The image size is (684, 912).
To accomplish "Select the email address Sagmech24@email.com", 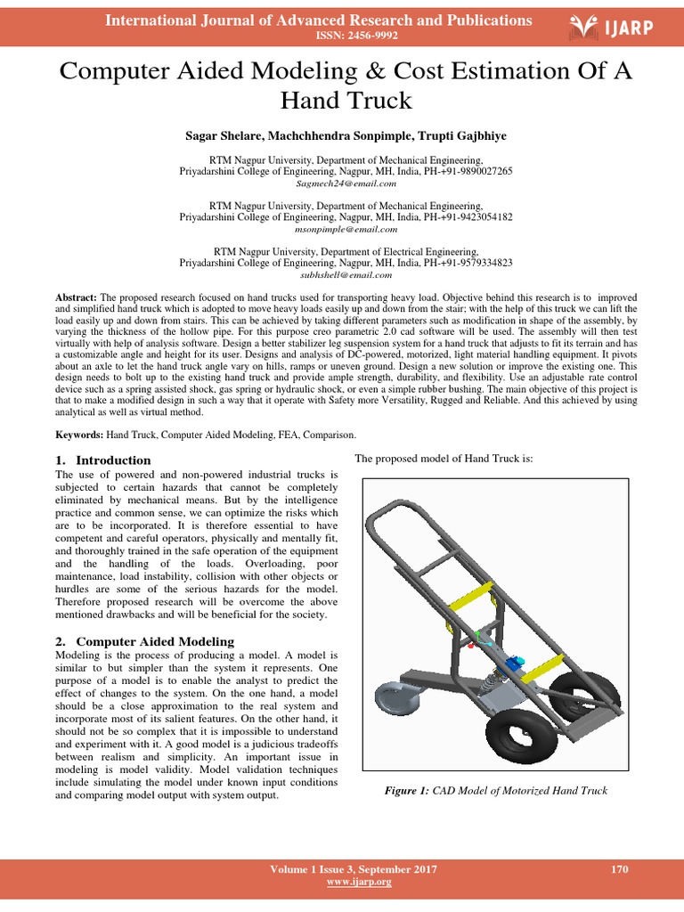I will [x=346, y=183].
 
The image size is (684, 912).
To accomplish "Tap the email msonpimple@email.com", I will [x=346, y=229].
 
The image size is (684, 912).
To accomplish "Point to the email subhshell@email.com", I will [x=346, y=274].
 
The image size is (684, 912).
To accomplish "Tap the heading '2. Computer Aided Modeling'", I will [x=144, y=641].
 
